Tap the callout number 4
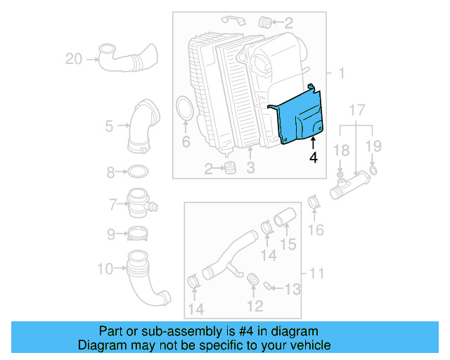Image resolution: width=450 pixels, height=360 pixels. click(x=313, y=159)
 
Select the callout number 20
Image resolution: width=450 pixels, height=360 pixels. click(x=74, y=59)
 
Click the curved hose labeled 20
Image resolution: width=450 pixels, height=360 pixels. click(x=127, y=58)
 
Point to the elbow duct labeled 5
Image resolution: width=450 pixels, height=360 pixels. click(x=143, y=127)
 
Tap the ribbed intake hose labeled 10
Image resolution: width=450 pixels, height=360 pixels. click(x=144, y=278)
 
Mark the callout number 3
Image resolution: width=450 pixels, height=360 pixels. click(x=250, y=168)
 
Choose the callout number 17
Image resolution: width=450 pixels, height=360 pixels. click(x=357, y=110)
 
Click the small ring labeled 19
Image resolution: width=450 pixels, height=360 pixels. click(x=373, y=170)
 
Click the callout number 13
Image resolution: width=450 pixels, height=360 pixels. click(x=292, y=288)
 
